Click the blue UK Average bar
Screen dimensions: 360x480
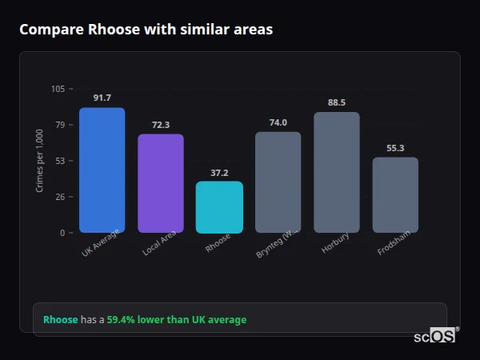(102, 170)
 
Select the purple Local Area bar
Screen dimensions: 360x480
(161, 183)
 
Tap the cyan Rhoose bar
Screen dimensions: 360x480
(219, 207)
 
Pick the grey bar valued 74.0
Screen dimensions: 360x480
(278, 182)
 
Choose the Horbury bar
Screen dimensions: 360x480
(337, 173)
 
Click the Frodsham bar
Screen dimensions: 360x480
(395, 195)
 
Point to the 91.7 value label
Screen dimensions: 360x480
(102, 98)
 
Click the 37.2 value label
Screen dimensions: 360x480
(219, 172)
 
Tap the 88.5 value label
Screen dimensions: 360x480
(337, 102)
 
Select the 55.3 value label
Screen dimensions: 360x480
(395, 148)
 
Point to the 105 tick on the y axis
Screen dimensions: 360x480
(58, 89)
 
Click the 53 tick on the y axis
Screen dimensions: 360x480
(60, 161)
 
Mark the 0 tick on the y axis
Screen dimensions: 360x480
(62, 233)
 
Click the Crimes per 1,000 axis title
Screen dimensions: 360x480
(40, 160)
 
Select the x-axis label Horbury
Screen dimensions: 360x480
(336, 244)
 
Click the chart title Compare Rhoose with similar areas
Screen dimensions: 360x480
(146, 30)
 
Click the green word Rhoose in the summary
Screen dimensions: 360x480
(60, 320)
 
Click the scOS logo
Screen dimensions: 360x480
(435, 337)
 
